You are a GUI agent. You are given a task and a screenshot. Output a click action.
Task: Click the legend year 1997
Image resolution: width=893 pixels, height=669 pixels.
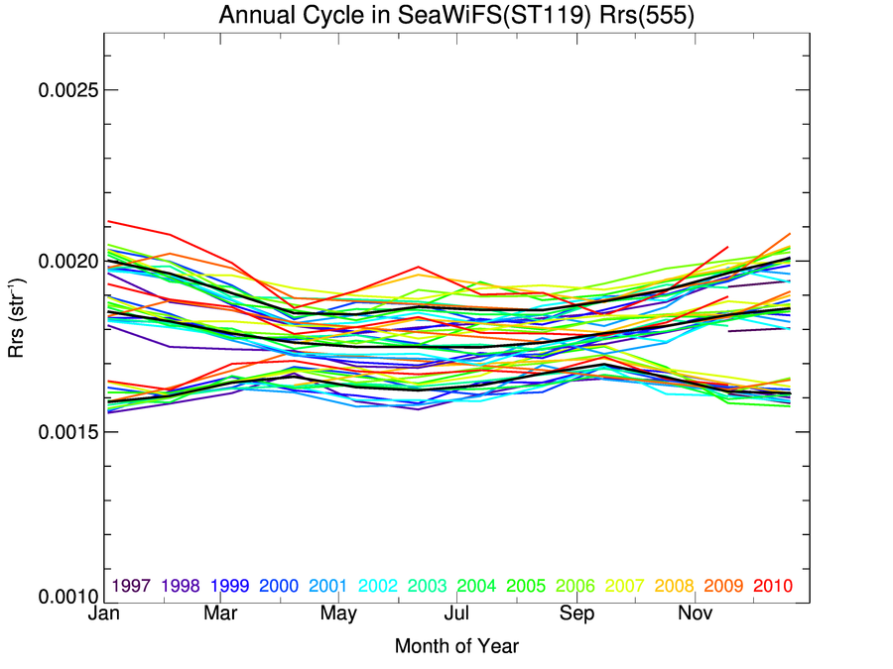pyautogui.click(x=132, y=586)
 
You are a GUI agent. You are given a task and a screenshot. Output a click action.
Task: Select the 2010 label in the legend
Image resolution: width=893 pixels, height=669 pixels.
pyautogui.click(x=774, y=586)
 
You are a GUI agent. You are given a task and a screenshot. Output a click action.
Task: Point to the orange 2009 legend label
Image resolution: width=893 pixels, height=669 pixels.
pyautogui.click(x=724, y=586)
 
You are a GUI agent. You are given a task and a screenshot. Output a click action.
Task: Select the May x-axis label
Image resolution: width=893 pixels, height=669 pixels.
pyautogui.click(x=338, y=614)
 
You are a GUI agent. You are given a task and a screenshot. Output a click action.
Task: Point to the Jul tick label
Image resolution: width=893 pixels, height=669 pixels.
pyautogui.click(x=456, y=614)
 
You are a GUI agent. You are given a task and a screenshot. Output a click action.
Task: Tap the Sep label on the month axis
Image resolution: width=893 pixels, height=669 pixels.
pyautogui.click(x=576, y=614)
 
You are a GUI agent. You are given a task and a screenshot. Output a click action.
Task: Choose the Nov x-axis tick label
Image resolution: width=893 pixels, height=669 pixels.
pyautogui.click(x=695, y=614)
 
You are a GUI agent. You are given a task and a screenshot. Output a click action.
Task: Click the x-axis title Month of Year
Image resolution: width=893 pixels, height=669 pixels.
pyautogui.click(x=456, y=646)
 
